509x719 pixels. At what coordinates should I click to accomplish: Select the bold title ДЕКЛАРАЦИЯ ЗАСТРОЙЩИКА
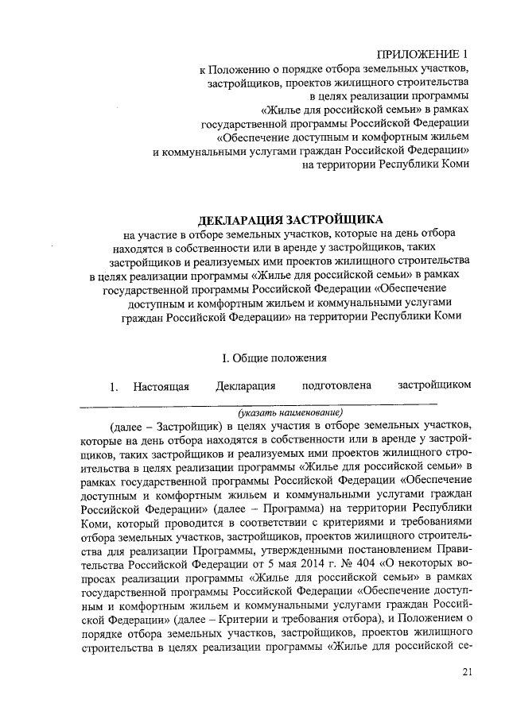[289, 219]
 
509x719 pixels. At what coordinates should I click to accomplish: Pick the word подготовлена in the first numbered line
[337, 387]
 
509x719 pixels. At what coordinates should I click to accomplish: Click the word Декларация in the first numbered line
[246, 387]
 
